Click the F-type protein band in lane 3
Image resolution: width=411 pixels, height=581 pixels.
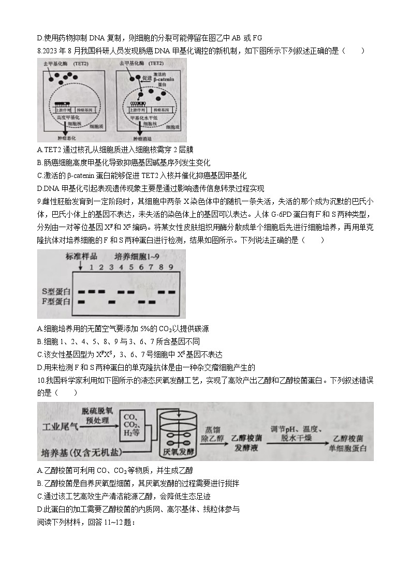110,301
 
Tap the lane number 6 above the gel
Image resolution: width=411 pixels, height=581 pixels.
140,267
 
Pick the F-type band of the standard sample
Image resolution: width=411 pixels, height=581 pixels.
82,301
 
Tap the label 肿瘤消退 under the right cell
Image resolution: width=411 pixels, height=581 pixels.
143,139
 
